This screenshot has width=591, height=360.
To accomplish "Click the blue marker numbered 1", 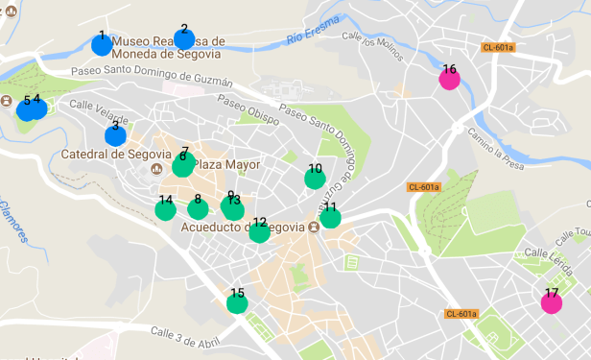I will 101,43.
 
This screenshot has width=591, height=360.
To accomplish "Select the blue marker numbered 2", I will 184,38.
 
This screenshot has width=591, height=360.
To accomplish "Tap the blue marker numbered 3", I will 115,134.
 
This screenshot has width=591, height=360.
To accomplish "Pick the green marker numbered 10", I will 315,178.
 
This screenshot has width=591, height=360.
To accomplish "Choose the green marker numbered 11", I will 330,217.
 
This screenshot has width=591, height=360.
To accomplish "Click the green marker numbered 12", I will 259,231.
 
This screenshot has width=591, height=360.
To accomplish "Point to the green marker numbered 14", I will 166,209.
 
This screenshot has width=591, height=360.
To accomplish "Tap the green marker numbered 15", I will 237,303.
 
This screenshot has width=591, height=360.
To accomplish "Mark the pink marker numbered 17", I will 552,302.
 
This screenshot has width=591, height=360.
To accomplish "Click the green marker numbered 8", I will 198,208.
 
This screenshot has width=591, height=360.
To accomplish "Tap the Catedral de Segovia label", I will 103,154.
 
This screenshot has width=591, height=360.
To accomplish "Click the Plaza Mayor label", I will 227,164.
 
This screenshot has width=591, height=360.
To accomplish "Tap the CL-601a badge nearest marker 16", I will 499,47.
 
